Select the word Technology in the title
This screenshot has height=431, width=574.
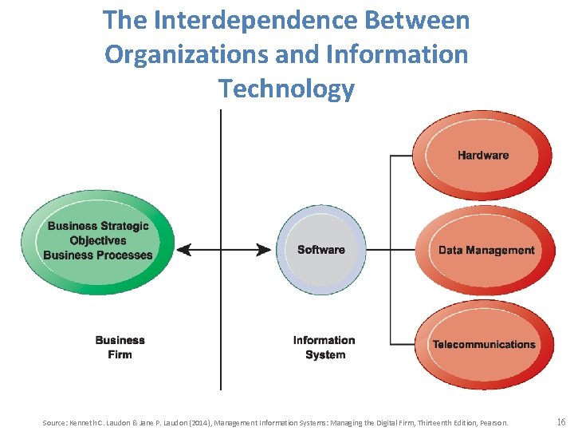pos(286,88)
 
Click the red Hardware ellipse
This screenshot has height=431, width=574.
pos(482,155)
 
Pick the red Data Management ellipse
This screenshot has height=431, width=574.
pos(486,250)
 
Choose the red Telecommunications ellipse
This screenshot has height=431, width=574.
pos(484,345)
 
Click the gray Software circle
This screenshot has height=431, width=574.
pos(320,250)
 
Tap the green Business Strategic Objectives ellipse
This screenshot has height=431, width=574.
pos(97,240)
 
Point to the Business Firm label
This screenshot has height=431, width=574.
pos(120,347)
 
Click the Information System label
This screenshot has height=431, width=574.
pos(324,347)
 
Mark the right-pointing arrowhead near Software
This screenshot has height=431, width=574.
pos(265,250)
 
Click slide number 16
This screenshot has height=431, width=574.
pos(560,421)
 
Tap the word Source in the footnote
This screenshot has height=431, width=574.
pos(55,421)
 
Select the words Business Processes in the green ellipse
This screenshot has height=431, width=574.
pos(97,255)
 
